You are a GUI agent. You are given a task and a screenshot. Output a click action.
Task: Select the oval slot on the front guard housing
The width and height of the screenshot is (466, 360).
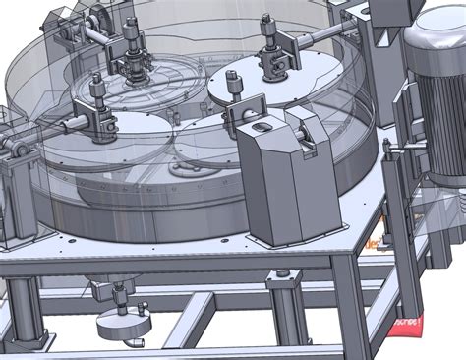262,127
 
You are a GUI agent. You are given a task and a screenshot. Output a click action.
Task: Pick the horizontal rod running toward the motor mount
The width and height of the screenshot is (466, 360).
324,39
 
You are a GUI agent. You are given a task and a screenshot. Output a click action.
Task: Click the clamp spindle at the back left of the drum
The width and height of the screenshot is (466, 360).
130,49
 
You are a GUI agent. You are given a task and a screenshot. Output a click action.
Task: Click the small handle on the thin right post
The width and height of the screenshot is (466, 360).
391,148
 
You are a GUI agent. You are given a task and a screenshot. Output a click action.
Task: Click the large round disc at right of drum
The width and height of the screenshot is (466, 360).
270,84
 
